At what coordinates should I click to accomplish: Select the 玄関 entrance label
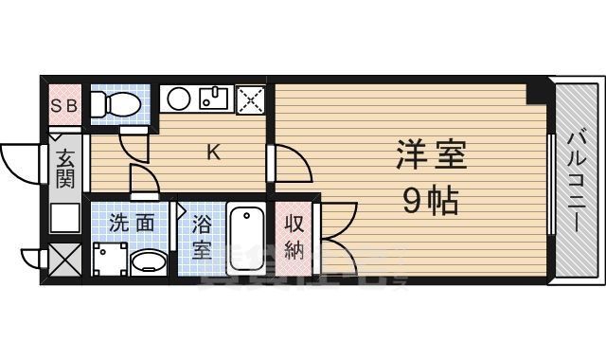[65, 166]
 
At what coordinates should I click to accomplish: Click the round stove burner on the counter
[176, 98]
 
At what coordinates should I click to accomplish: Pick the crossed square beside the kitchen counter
[251, 98]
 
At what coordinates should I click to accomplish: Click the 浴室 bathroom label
[202, 237]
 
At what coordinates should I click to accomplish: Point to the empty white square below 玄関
[64, 218]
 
